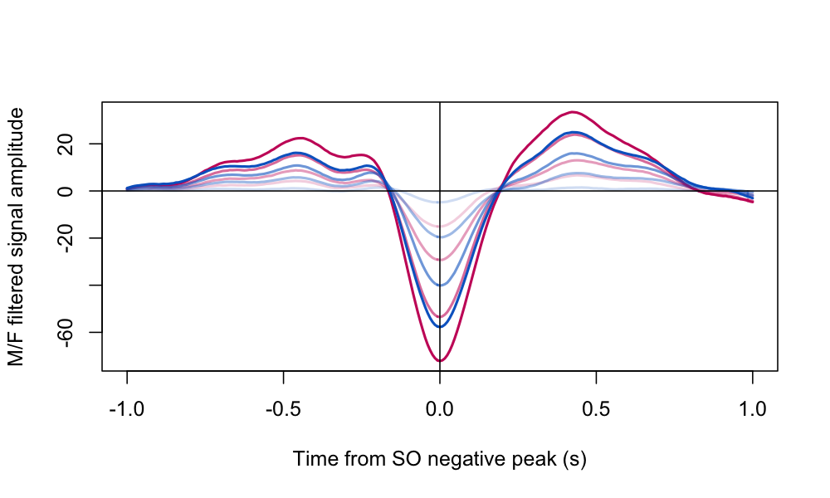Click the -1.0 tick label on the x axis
[127, 410]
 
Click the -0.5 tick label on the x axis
[283, 410]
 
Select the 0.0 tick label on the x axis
[440, 410]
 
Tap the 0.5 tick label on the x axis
[596, 410]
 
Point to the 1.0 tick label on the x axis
[752, 410]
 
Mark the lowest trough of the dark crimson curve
[440, 361]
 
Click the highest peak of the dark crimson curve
[572, 112]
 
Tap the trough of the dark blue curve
[440, 326]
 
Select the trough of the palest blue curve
[440, 203]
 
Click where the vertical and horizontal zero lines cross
[440, 191]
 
